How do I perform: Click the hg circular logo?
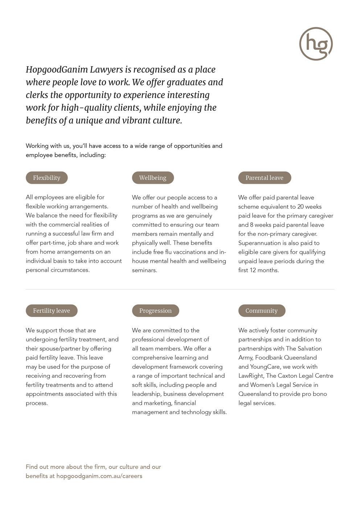(x=316, y=44)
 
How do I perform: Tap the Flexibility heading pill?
(x=46, y=178)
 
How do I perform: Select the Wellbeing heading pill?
(x=153, y=178)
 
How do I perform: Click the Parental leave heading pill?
(x=265, y=178)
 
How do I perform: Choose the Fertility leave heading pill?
(x=52, y=311)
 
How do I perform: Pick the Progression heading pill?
(x=155, y=311)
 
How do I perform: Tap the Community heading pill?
(x=262, y=311)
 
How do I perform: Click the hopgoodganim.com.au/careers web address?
(x=99, y=476)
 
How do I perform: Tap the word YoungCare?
(x=265, y=367)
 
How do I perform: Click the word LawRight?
(x=251, y=376)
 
